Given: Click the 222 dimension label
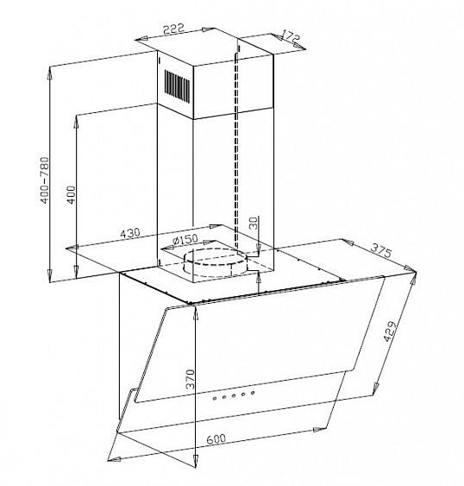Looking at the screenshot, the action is (173, 28).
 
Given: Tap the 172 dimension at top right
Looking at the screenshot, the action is (292, 36).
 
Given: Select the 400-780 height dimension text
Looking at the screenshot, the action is (45, 180).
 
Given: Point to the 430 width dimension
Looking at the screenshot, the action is (130, 233).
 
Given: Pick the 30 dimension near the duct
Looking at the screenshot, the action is (253, 223).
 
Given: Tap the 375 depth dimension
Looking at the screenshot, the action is (381, 250).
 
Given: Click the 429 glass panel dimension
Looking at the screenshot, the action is (390, 331).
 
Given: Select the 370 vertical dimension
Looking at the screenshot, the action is (190, 379).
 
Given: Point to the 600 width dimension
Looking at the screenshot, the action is (216, 439).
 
